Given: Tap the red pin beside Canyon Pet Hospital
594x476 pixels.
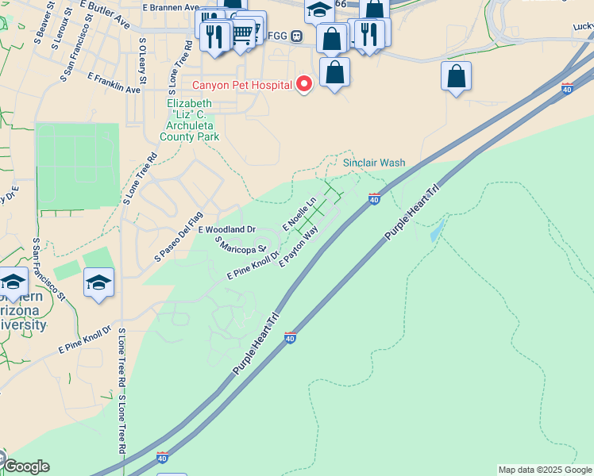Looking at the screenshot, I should coord(303,83).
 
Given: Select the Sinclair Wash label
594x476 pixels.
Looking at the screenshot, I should coord(374,163).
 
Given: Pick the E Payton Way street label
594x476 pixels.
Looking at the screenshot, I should coord(299,245).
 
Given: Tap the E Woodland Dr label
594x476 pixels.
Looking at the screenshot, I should coord(226,229).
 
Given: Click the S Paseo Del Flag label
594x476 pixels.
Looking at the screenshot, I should coord(179,236).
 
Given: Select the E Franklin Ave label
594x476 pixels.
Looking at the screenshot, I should coord(114,83).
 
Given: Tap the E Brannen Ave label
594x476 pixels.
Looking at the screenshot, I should coord(170,7).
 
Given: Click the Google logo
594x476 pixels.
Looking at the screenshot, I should coord(25,466).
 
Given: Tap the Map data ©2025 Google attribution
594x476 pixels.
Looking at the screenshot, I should coord(545,470).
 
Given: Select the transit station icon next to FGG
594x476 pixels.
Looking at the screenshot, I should coord(296,36).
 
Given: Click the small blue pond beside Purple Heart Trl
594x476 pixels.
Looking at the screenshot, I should coord(436,231).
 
